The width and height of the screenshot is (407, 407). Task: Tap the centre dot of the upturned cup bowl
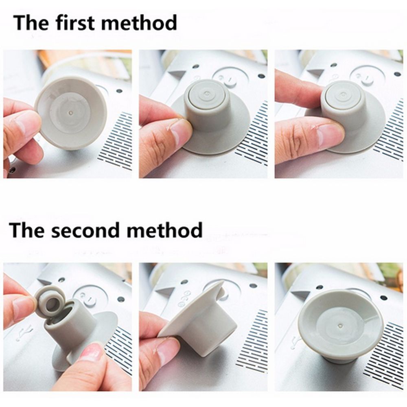click(340, 326)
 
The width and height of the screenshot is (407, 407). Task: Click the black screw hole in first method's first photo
click(119, 91)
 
